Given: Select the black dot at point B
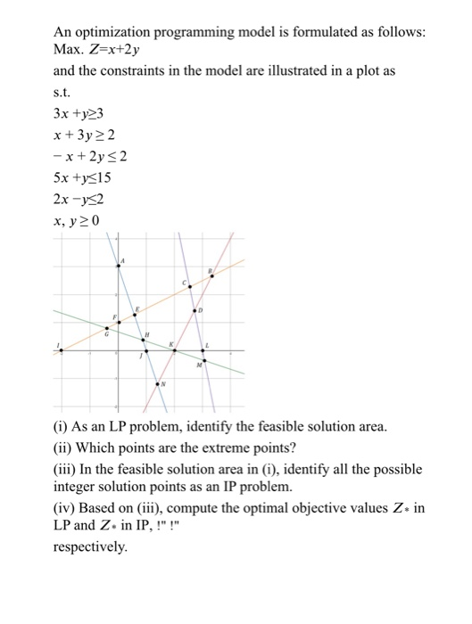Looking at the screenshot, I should [211, 275].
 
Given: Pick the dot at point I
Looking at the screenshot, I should [61, 350].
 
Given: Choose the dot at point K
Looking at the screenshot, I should [174, 350].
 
